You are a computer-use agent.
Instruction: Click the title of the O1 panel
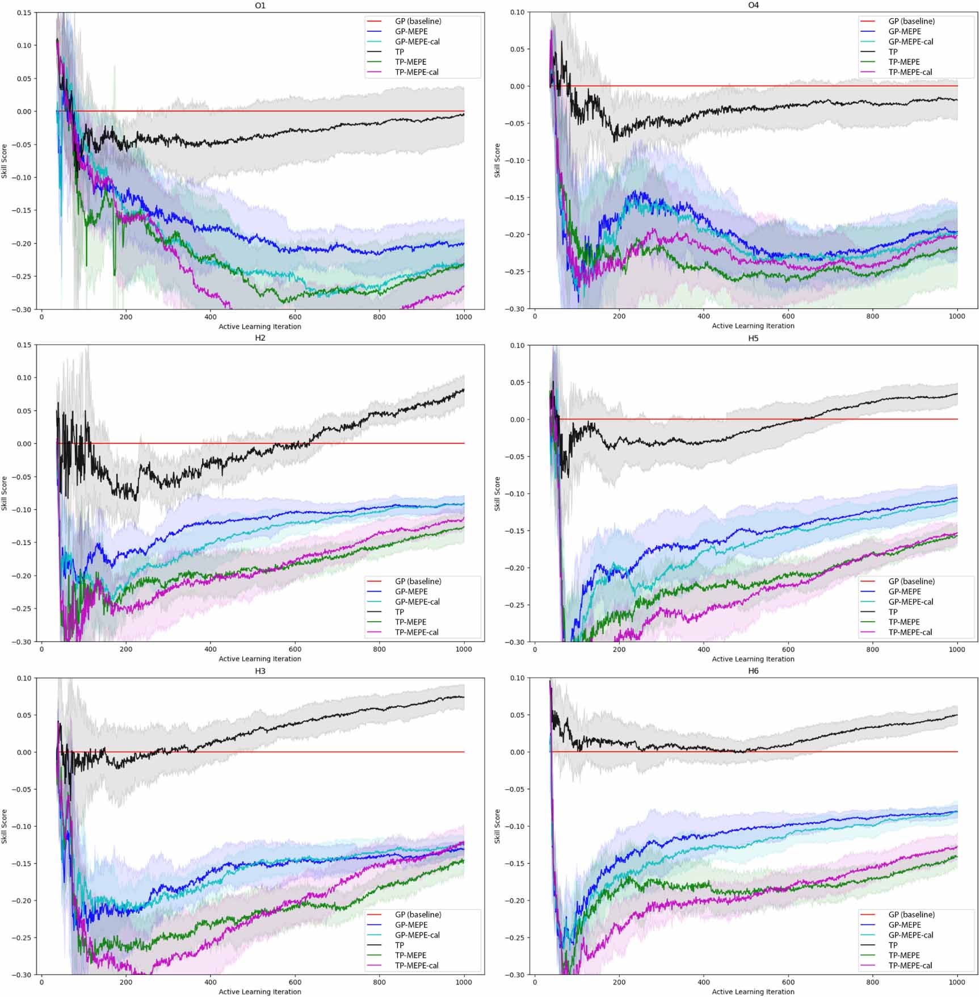tap(260, 6)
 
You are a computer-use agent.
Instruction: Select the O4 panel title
tap(753, 5)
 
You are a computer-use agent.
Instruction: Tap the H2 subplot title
tap(260, 338)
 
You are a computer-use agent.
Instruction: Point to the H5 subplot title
tap(753, 338)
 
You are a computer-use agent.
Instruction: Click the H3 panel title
tap(260, 671)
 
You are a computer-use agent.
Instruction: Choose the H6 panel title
tap(753, 671)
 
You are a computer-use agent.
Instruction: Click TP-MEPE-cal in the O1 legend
tap(417, 72)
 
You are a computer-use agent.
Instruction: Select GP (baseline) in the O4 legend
tap(911, 21)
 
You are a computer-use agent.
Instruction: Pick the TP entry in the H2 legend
tap(400, 612)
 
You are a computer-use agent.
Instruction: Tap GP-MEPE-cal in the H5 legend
tap(910, 602)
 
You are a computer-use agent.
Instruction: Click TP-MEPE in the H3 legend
tap(410, 956)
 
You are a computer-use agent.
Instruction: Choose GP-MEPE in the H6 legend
tap(904, 925)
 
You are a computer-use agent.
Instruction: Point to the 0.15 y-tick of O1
tap(24, 12)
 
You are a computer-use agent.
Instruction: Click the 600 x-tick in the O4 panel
tap(788, 316)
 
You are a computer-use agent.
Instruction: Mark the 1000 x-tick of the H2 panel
tap(464, 649)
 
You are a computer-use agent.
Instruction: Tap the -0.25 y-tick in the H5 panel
tap(515, 605)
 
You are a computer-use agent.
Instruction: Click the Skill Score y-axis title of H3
tap(5, 826)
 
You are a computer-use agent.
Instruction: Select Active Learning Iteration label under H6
tap(753, 992)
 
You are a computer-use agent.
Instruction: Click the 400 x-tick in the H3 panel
tap(210, 982)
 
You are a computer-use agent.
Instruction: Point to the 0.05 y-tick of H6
tap(517, 715)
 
